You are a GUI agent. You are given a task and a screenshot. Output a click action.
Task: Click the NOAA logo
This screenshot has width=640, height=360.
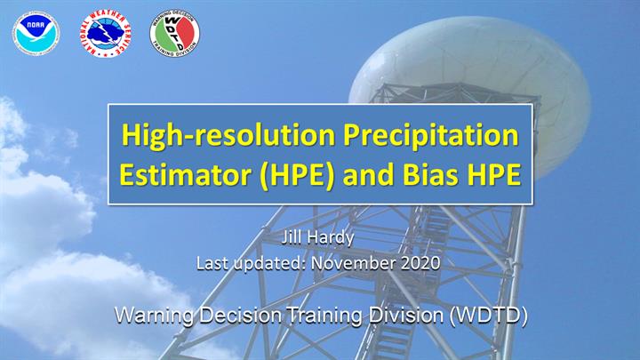pyautogui.click(x=36, y=34)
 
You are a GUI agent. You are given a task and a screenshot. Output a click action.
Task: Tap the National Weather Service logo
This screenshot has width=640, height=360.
pyautogui.click(x=105, y=34)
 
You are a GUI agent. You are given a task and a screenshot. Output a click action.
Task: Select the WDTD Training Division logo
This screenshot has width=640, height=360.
pyautogui.click(x=175, y=34)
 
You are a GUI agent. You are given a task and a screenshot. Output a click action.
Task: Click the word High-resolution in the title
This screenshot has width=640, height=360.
pyautogui.click(x=228, y=135)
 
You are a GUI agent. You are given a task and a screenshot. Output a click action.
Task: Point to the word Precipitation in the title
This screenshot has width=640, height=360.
pyautogui.click(x=431, y=135)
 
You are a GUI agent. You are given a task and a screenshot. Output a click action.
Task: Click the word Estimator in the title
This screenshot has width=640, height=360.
pyautogui.click(x=185, y=175)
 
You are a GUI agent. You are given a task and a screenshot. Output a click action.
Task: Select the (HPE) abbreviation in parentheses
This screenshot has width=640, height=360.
pyautogui.click(x=297, y=175)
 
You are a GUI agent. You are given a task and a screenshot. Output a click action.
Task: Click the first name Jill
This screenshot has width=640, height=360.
pyautogui.click(x=291, y=237)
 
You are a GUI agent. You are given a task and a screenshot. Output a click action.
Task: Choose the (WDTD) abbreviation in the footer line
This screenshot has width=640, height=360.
pyautogui.click(x=488, y=316)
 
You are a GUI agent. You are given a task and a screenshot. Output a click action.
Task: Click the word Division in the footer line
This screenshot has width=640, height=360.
pyautogui.click(x=406, y=315)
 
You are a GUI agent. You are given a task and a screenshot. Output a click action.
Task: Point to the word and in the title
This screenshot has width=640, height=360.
pyautogui.click(x=369, y=175)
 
